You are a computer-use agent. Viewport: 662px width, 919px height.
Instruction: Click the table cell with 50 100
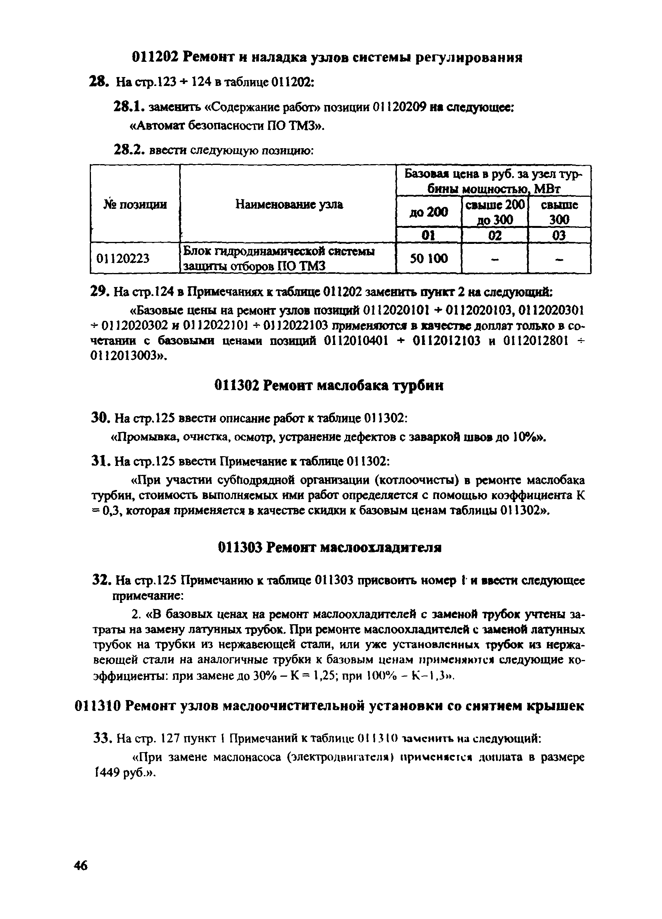(429, 258)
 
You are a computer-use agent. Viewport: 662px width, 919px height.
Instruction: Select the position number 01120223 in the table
(122, 258)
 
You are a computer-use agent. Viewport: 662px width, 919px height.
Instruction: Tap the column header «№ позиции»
(135, 205)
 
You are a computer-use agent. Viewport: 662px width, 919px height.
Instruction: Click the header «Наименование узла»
(289, 205)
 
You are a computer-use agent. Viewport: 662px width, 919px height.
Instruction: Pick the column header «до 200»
(429, 212)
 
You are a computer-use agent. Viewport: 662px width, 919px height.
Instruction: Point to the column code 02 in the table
(494, 235)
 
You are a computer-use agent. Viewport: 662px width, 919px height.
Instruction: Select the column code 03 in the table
(559, 235)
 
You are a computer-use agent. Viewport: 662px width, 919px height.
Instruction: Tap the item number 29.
(98, 292)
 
